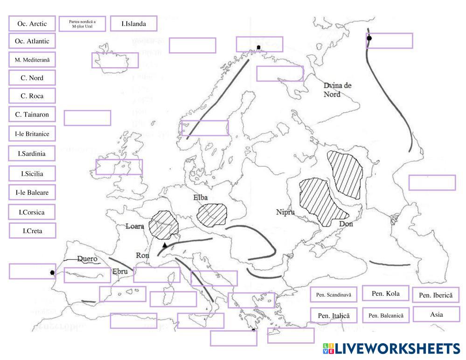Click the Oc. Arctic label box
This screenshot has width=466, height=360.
(32, 23)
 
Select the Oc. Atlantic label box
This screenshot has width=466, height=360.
(32, 41)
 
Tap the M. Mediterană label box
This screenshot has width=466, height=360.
(32, 60)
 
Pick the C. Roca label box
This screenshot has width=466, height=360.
(32, 96)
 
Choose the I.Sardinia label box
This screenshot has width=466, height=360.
(32, 153)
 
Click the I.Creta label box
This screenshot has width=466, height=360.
(32, 230)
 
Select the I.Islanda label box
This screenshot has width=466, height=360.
(133, 23)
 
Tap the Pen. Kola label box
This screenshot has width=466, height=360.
(385, 293)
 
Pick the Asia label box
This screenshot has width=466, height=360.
(436, 314)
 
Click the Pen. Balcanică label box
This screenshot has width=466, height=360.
(385, 316)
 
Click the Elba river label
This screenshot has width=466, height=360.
(200, 198)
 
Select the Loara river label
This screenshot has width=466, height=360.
(135, 227)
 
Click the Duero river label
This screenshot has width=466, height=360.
(87, 258)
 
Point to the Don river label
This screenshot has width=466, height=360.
(346, 224)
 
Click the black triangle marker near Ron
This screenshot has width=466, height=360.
(164, 245)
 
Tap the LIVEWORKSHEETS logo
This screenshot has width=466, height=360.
(391, 349)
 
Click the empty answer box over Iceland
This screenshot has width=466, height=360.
(115, 61)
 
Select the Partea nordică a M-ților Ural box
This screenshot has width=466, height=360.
(82, 23)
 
